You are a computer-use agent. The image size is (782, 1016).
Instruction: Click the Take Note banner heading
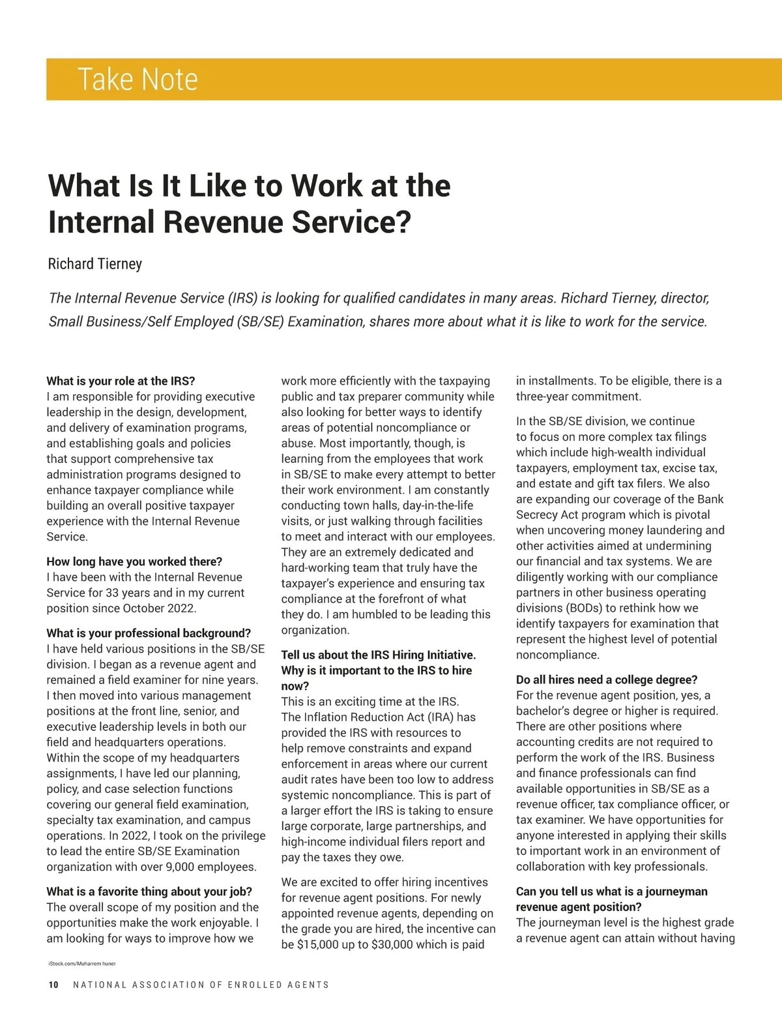[138, 80]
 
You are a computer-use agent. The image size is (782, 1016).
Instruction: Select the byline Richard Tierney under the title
[95, 264]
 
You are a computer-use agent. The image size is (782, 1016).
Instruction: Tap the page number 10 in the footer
[53, 985]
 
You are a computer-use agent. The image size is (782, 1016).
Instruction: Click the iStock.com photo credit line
[81, 963]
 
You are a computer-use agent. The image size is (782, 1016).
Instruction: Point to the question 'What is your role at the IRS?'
[121, 381]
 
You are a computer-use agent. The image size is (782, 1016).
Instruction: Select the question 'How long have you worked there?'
[134, 561]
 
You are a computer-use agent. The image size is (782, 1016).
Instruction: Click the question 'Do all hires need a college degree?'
[607, 680]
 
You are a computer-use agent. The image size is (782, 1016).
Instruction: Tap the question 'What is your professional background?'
[149, 633]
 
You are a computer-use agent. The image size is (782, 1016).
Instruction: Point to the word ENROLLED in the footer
[254, 985]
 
